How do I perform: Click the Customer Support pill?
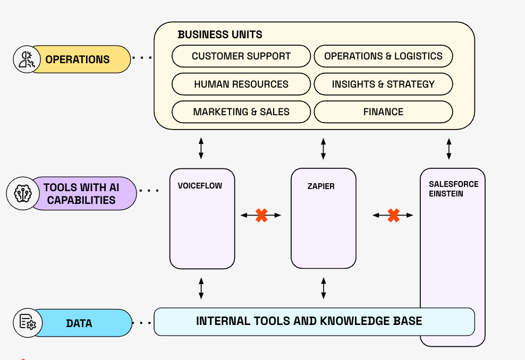point(241,56)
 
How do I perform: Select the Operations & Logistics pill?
point(383,56)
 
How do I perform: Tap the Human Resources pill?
point(241,84)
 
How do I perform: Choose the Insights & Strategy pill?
point(383,84)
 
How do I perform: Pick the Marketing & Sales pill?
point(241,112)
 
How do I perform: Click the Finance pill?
point(383,112)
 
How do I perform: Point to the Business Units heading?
point(220,35)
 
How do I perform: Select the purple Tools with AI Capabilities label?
point(82,194)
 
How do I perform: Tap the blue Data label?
point(80,323)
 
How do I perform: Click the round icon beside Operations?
point(26,59)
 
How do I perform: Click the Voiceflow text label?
point(200,186)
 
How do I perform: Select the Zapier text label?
point(321,186)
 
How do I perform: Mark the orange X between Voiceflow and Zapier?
point(261,215)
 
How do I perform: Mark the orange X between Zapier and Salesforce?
point(393,215)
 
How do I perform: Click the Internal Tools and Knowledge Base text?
point(309,321)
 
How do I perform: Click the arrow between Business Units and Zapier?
point(324,149)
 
